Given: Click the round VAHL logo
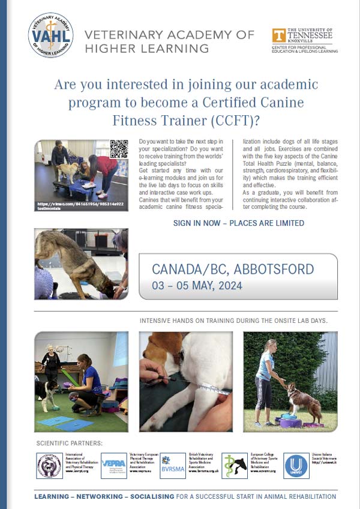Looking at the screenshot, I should click(x=50, y=35).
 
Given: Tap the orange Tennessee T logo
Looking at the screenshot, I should click(x=278, y=35).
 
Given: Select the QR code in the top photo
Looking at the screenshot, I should click(x=119, y=149).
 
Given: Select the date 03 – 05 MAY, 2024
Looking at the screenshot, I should click(x=197, y=285).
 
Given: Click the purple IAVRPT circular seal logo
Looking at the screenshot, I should click(x=49, y=466).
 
